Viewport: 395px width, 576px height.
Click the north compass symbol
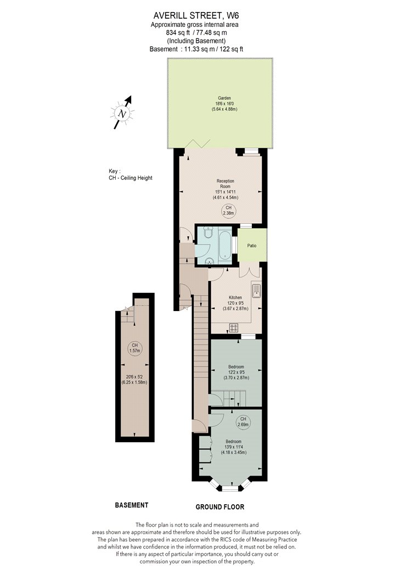click(x=122, y=113)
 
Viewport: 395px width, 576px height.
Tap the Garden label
click(x=224, y=98)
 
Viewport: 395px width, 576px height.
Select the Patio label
click(x=252, y=245)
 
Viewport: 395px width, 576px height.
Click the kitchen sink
click(x=256, y=291)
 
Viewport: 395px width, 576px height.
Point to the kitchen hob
click(x=234, y=327)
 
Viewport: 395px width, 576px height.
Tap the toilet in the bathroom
click(x=208, y=232)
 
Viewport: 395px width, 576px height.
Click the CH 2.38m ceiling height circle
click(x=229, y=211)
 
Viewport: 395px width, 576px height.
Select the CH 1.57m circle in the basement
click(x=135, y=348)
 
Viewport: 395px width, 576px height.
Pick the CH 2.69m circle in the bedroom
click(x=243, y=422)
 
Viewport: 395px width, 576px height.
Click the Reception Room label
click(x=225, y=184)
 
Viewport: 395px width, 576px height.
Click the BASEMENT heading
click(x=132, y=505)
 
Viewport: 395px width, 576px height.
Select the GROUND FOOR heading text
click(x=220, y=507)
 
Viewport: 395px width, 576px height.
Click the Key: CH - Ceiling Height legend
click(x=131, y=174)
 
